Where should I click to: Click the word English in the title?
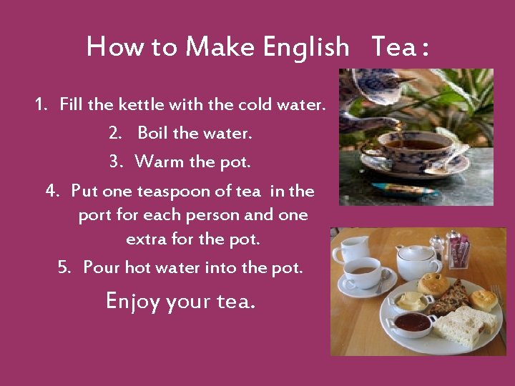(306, 48)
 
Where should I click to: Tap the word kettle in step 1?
(141, 104)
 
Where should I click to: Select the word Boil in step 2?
(152, 133)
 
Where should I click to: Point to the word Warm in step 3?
(159, 162)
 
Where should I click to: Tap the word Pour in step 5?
(102, 267)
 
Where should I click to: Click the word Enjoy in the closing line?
(133, 302)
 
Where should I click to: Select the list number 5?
(64, 267)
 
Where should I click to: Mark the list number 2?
(115, 133)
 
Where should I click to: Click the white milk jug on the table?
(350, 250)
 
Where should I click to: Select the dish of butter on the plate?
(411, 301)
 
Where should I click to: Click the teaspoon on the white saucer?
(383, 281)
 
